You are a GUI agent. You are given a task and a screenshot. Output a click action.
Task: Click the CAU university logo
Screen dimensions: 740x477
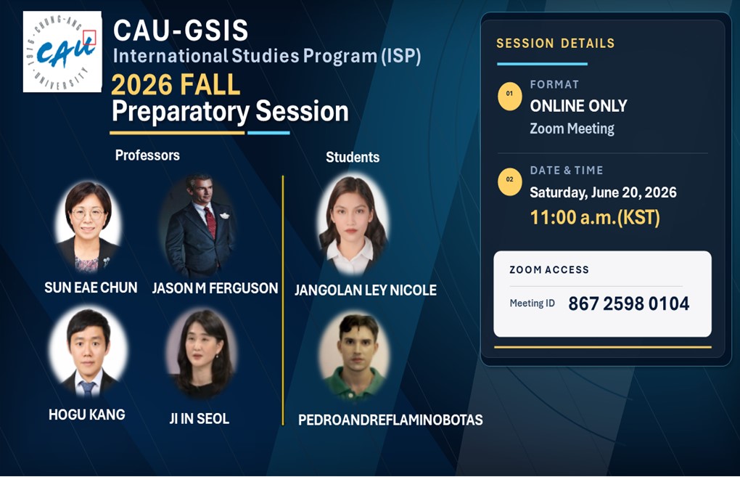point(62,52)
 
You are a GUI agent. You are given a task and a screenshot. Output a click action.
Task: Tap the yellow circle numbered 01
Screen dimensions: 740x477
point(510,97)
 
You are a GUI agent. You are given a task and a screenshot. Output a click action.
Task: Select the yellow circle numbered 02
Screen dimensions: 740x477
point(510,182)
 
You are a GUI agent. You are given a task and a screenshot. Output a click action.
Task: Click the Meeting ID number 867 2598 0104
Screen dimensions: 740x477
point(628,303)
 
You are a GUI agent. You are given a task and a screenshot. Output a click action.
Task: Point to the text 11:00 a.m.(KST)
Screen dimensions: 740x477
point(595,218)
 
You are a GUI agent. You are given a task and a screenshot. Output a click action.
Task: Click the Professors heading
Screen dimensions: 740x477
point(147,155)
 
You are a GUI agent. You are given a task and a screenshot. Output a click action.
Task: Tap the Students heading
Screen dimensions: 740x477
point(353,158)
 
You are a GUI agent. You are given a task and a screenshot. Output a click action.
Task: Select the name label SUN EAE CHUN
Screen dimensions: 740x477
point(91,288)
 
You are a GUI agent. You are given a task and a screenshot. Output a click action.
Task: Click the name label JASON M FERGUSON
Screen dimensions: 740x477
point(215,288)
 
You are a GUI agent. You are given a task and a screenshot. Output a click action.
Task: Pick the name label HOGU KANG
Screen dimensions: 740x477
point(87,415)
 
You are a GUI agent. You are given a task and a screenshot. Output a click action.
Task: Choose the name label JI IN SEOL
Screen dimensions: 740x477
point(200,418)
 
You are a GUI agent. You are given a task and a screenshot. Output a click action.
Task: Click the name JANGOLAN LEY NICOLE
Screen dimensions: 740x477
point(365,290)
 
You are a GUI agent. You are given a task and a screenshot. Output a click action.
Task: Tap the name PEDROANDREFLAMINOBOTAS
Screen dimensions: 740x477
point(390,420)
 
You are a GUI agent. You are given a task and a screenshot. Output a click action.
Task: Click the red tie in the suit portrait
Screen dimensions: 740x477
point(210,221)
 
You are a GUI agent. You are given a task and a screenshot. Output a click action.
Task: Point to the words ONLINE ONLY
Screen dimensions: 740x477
point(578,106)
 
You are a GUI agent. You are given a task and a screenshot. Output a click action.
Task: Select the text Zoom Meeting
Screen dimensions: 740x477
point(572,129)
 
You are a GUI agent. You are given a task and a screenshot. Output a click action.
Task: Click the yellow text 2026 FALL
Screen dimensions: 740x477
point(176,85)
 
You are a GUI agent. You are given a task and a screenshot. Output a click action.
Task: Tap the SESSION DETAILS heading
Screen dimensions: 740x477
point(556,44)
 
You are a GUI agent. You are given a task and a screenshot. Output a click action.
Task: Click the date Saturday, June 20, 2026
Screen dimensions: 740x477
point(603,192)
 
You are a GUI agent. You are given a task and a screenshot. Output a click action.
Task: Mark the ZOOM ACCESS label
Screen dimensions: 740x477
point(549,269)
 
